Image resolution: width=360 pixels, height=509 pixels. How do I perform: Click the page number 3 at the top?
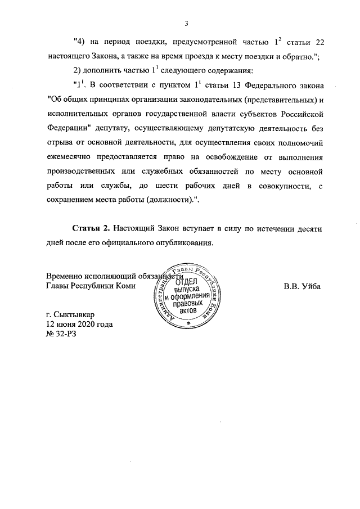(186, 23)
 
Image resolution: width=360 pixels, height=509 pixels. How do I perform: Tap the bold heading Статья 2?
(91, 229)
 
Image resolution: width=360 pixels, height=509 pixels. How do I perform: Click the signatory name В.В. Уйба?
(302, 286)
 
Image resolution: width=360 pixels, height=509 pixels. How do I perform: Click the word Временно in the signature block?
(65, 276)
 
